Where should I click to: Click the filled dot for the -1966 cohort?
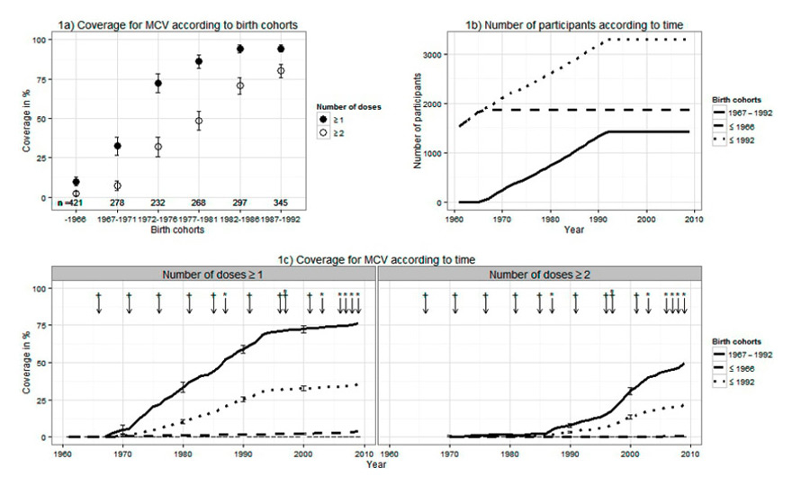[x=76, y=182]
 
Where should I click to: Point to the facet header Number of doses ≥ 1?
[x=212, y=274]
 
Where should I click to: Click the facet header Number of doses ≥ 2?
[x=535, y=274]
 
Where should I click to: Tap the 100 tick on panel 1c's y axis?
[x=39, y=289]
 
